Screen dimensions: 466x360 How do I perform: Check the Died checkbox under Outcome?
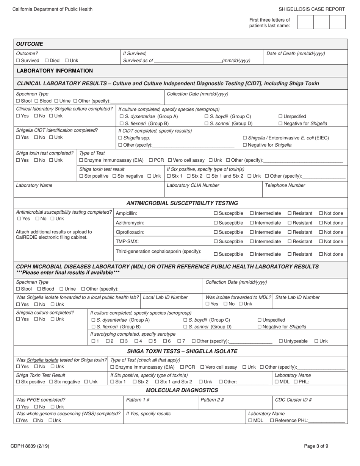tap(47, 61)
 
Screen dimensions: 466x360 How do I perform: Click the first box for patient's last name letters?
tap(305, 22)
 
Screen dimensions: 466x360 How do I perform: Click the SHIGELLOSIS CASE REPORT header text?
tap(312, 9)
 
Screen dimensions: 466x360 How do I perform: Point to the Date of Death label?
tap(296, 54)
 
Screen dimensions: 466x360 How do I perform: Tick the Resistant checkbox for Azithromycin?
tap(290, 223)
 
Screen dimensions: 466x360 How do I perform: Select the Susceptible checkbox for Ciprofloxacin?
tap(216, 232)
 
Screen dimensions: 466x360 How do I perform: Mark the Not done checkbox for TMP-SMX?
tap(321, 242)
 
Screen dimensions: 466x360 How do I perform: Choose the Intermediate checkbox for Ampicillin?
tap(252, 214)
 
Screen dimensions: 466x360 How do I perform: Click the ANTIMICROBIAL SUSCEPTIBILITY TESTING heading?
tap(182, 203)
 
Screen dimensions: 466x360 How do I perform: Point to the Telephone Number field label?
tap(285, 185)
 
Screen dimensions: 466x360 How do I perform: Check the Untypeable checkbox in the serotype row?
tap(281, 341)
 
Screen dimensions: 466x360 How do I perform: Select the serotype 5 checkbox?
tap(150, 341)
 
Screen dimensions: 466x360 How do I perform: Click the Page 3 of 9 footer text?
tap(316, 446)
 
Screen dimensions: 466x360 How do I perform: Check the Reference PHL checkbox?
tap(272, 421)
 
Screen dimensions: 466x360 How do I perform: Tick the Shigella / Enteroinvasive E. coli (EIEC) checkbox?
tap(245, 138)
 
